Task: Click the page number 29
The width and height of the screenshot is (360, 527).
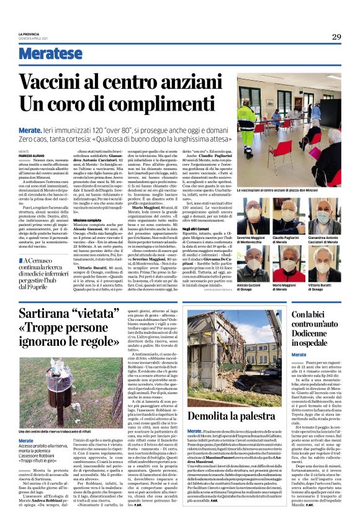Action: click(x=336, y=37)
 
